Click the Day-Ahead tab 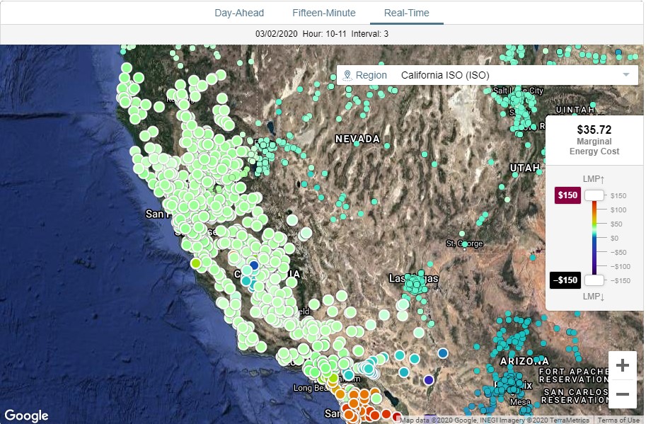239,13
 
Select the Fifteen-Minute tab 324,13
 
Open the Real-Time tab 406,13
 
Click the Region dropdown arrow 626,75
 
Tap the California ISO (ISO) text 445,75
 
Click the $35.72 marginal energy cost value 594,130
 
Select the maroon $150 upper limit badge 568,195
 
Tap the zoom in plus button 622,365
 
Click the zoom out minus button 622,394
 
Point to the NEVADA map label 357,139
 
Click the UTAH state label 524,168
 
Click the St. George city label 464,244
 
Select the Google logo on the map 27,416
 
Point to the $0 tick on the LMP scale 614,238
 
